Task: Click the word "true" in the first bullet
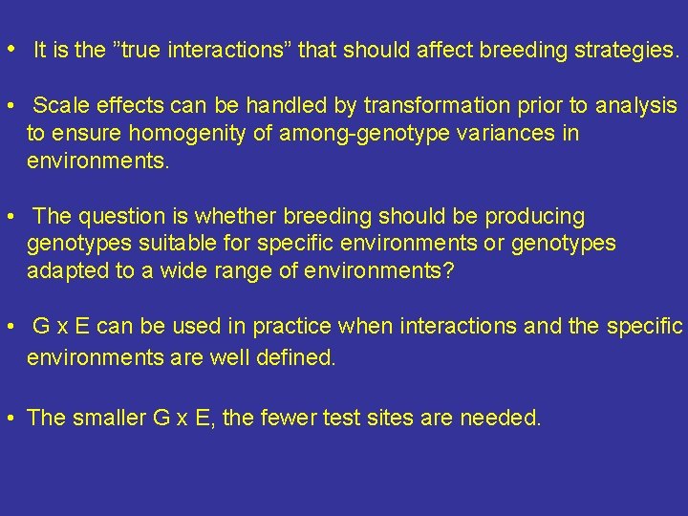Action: tap(142, 52)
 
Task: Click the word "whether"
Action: tap(205, 217)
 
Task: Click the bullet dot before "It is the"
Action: tap(9, 50)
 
